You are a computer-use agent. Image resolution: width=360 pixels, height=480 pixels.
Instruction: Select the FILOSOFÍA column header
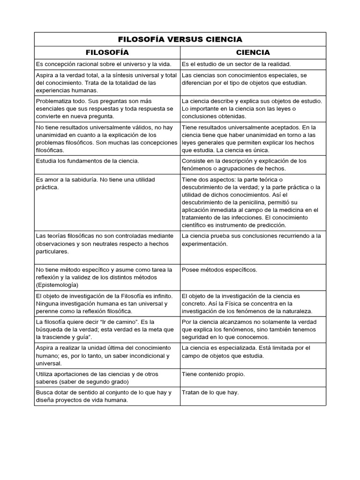[106, 52]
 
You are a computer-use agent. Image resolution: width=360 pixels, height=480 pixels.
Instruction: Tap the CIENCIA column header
[253, 52]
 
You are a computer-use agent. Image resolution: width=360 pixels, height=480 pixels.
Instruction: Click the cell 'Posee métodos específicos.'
[219, 270]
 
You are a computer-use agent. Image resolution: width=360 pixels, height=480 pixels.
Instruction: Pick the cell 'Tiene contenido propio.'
[213, 374]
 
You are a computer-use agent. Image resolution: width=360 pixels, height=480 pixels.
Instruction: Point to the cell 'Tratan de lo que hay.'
[210, 392]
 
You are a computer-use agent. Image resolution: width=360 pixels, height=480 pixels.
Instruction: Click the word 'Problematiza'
[55, 101]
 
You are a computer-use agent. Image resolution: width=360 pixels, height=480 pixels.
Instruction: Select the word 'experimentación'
[204, 244]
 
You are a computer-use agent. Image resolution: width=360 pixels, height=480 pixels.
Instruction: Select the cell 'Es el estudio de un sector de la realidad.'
[236, 64]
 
